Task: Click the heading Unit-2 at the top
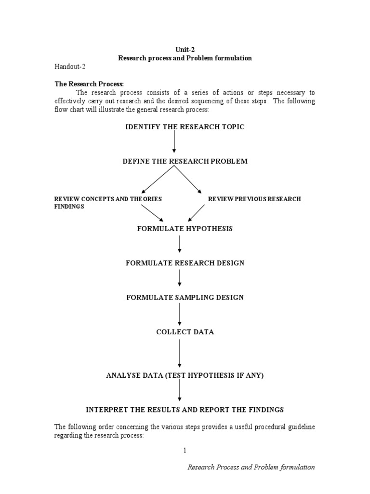[x=185, y=49]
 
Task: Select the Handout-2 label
[x=70, y=67]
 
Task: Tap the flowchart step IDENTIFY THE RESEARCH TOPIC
[x=185, y=127]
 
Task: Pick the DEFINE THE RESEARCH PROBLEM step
[x=185, y=161]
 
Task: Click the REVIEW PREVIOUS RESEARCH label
[x=254, y=199]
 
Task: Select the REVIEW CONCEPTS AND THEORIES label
[x=108, y=199]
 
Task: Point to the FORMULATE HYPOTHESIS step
[x=185, y=229]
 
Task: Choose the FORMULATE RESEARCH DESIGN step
[x=185, y=263]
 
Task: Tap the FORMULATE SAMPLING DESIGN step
[x=185, y=298]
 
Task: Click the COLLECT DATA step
[x=185, y=332]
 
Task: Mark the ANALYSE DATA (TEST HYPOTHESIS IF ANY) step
[x=185, y=375]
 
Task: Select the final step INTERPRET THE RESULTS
[x=185, y=410]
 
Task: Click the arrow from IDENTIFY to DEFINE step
[x=174, y=143]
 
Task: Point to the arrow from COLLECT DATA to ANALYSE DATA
[x=180, y=353]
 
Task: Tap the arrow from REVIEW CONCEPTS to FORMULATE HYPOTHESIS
[x=152, y=213]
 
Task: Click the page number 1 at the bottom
[x=185, y=450]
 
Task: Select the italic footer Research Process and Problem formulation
[x=251, y=467]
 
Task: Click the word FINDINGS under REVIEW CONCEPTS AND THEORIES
[x=69, y=206]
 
